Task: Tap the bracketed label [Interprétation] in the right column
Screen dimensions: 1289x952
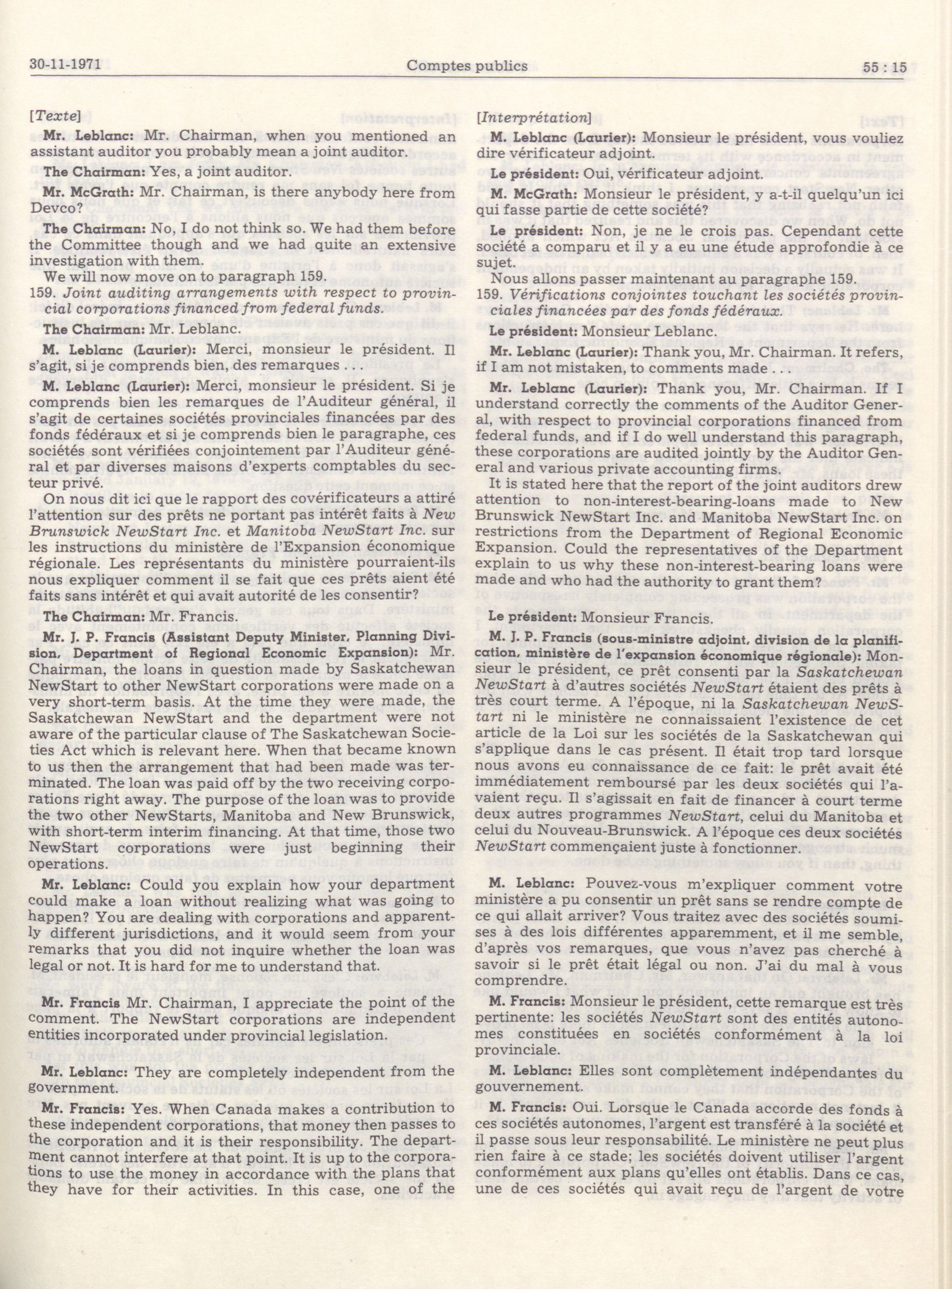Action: pyautogui.click(x=533, y=118)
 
